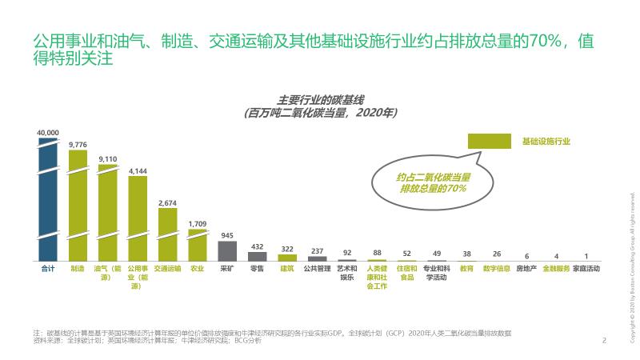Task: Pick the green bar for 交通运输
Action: tap(167, 235)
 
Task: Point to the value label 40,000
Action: tap(48, 132)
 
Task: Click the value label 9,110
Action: tap(107, 159)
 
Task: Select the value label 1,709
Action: tap(197, 223)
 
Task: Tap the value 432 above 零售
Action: tap(258, 246)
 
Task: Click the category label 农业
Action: tap(197, 269)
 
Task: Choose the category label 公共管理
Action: tap(318, 269)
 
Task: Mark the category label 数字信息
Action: tap(497, 269)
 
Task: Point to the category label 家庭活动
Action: tap(586, 269)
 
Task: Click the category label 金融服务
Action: tap(556, 269)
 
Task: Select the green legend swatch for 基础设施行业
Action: tap(489, 141)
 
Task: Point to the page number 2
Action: tap(604, 340)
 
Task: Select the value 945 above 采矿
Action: tap(227, 235)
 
